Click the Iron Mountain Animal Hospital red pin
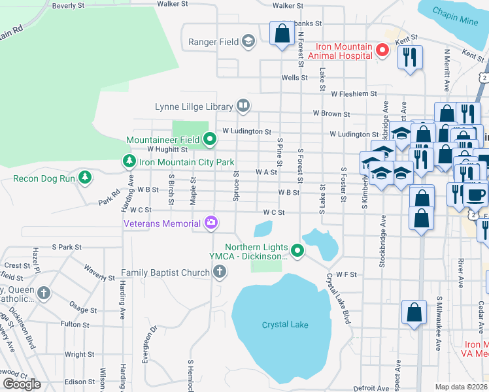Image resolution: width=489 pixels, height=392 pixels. [x=384, y=50]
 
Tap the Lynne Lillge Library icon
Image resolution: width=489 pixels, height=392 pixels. [x=243, y=106]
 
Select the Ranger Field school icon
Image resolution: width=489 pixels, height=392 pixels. [x=248, y=42]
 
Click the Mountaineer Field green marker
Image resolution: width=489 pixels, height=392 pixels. [x=209, y=139]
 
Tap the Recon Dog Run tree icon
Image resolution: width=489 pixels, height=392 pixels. [x=84, y=177]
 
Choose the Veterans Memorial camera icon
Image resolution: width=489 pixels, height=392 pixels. [x=211, y=223]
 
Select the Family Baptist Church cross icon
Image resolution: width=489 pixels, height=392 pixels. [x=220, y=271]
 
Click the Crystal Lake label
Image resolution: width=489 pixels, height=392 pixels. [x=284, y=325]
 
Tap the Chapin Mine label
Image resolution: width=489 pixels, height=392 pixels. [x=460, y=20]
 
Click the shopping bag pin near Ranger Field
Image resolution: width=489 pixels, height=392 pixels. [x=282, y=34]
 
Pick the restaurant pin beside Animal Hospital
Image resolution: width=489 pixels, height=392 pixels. [x=410, y=56]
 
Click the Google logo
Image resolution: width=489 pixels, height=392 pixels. [x=22, y=384]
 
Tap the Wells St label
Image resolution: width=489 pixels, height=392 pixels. [x=294, y=78]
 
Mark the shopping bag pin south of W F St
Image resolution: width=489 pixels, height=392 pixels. [x=414, y=312]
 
